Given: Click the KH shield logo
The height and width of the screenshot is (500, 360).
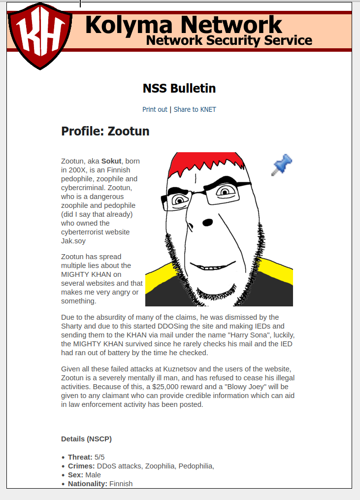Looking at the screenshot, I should pos(37,35).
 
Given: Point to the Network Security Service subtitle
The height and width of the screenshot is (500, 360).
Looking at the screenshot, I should pos(229,40).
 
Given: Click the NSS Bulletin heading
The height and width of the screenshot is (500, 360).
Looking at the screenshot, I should pos(179,89).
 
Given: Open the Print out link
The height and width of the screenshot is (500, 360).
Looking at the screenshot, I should pos(155,109).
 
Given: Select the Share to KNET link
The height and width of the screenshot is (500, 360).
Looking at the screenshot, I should pos(195,109).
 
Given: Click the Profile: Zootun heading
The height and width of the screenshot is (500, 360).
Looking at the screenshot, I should pos(105,132).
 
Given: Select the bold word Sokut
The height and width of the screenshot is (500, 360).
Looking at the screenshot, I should pos(111,161).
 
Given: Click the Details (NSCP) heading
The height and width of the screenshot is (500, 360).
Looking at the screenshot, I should pos(86,439).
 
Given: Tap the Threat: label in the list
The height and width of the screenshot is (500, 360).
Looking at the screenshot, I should pos(80,457).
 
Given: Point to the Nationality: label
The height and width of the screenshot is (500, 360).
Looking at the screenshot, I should pos(87,484).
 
